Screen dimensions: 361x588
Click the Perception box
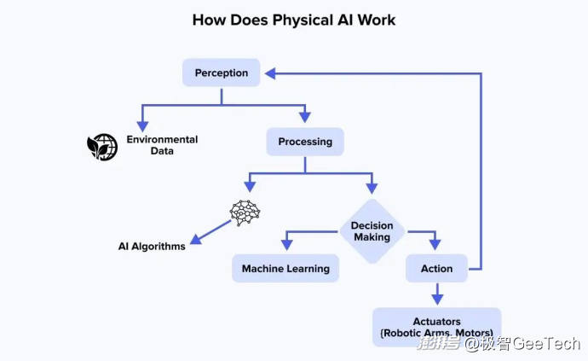pos(221,73)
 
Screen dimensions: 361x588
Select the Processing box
pos(304,141)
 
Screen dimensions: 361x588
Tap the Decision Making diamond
pos(372,231)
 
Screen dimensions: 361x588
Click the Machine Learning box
pos(285,269)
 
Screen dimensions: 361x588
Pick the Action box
pos(436,269)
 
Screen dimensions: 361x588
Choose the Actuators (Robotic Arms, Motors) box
pos(436,327)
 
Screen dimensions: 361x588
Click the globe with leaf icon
pos(102,146)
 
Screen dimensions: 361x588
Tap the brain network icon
pos(245,213)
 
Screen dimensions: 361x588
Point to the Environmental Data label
pos(162,145)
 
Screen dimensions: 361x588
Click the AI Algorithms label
pos(152,246)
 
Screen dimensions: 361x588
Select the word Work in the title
pos(376,20)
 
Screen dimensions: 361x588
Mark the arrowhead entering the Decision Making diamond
pos(372,189)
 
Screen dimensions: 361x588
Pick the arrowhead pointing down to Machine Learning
pos(285,246)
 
